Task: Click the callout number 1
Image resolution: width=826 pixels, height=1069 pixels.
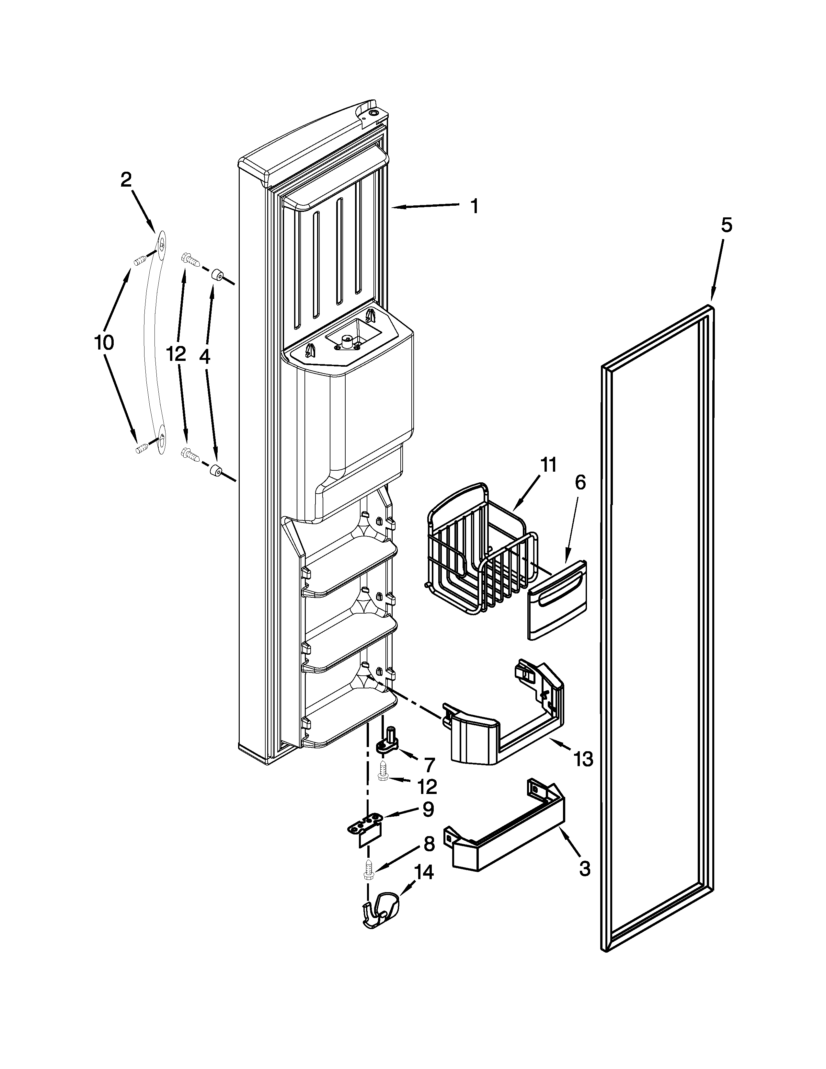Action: [x=474, y=207]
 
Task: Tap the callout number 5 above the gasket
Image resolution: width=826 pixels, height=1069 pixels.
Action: [x=726, y=226]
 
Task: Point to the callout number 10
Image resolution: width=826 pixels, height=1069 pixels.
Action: [x=104, y=343]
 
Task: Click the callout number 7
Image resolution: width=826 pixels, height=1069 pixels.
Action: [x=429, y=764]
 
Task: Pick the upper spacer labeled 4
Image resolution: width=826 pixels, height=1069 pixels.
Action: [x=217, y=277]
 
